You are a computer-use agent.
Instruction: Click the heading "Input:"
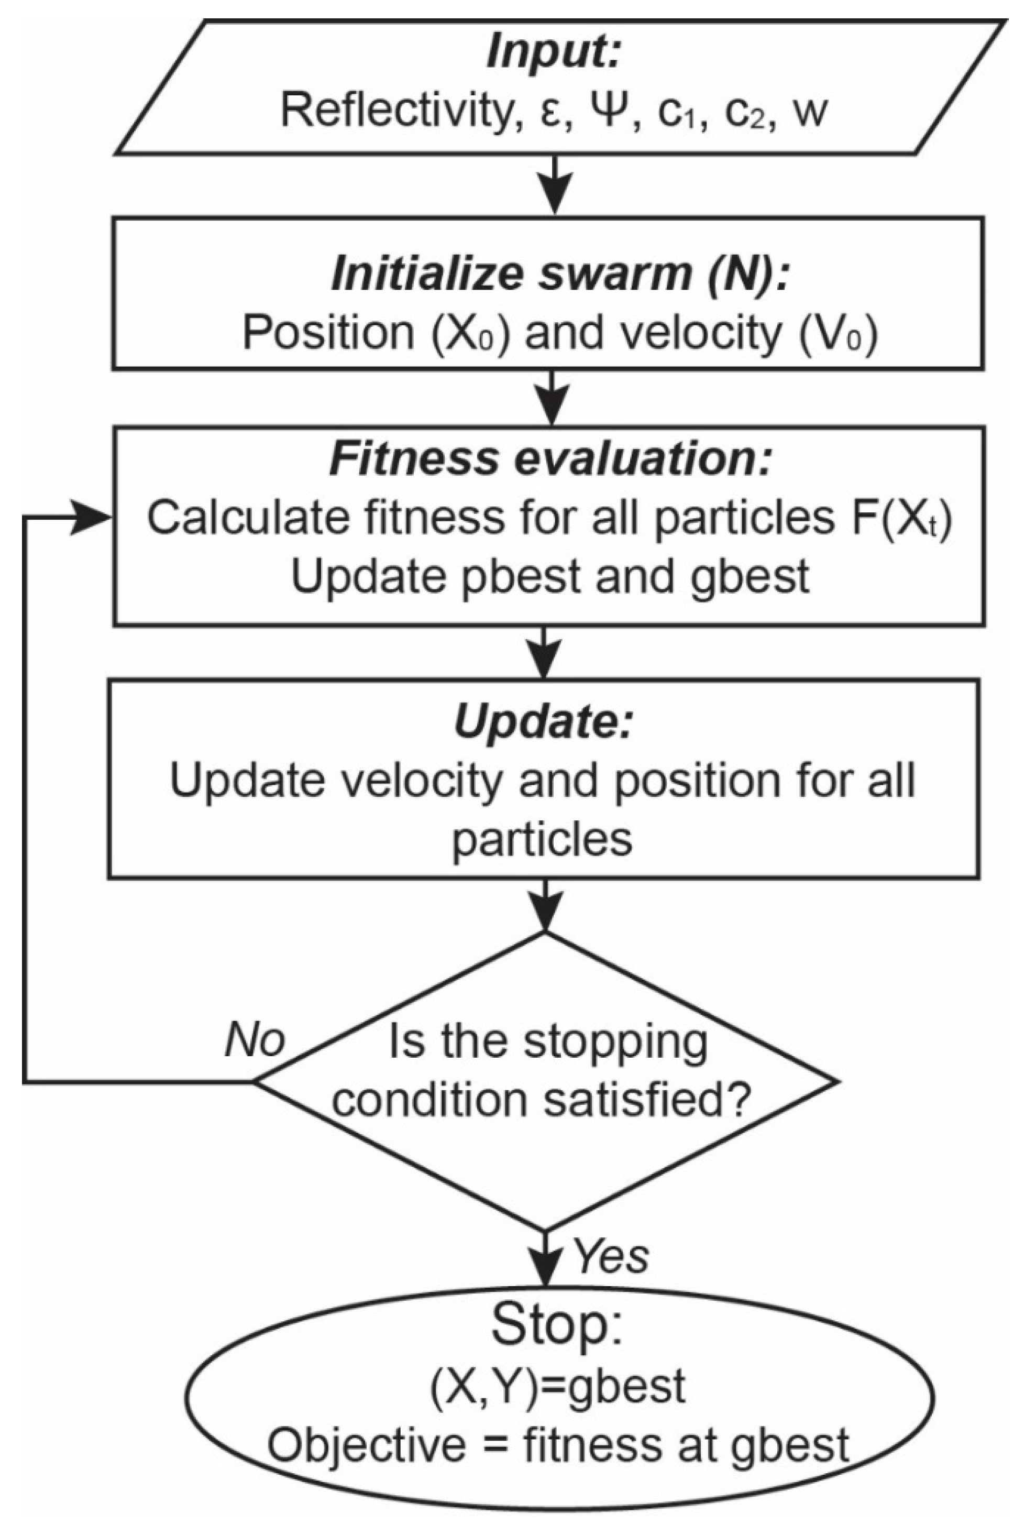click(553, 52)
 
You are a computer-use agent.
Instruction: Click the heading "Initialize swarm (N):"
click(560, 275)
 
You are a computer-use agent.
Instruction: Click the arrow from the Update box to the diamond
click(545, 906)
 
